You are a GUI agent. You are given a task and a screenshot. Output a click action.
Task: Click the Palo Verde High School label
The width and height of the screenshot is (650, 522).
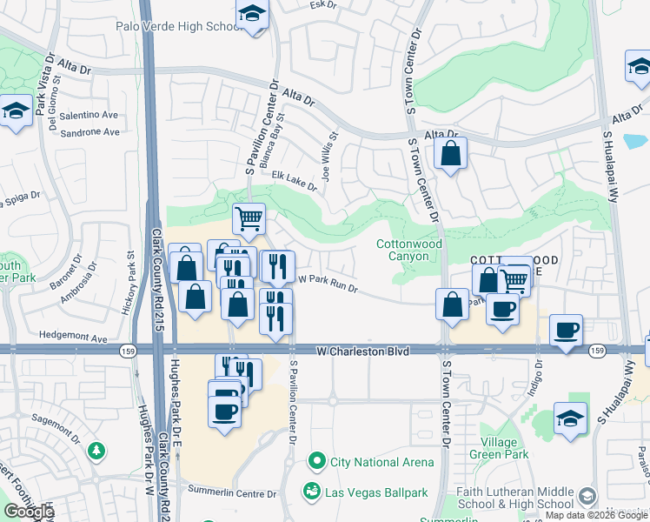[x=177, y=26]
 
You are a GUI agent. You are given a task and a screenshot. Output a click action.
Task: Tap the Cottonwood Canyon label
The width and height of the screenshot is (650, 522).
[x=402, y=251]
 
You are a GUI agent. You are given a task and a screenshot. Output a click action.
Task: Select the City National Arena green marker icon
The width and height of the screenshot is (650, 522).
[x=317, y=460]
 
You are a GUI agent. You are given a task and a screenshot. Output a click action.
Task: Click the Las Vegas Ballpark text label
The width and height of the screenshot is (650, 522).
[x=376, y=492]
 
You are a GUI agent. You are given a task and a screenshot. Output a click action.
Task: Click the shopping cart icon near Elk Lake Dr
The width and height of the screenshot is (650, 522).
[x=249, y=218]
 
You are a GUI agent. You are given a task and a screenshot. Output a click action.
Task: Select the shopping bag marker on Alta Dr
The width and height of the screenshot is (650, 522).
[x=451, y=155]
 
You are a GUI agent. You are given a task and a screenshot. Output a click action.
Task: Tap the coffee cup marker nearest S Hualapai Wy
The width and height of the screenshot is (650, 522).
[x=567, y=331]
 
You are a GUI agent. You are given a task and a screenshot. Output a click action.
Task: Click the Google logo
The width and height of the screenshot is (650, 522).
[x=28, y=512]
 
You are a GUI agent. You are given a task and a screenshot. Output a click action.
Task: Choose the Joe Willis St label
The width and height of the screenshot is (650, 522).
[x=329, y=155]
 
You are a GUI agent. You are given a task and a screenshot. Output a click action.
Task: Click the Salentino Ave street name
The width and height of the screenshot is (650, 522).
[x=89, y=115]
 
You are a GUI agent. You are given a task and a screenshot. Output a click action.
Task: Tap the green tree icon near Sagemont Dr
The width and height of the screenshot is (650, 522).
[x=96, y=450]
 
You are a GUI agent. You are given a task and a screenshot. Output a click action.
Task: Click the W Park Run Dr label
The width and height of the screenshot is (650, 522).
[x=328, y=282]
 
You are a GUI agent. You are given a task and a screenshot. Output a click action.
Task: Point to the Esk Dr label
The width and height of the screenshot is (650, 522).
[x=322, y=4]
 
